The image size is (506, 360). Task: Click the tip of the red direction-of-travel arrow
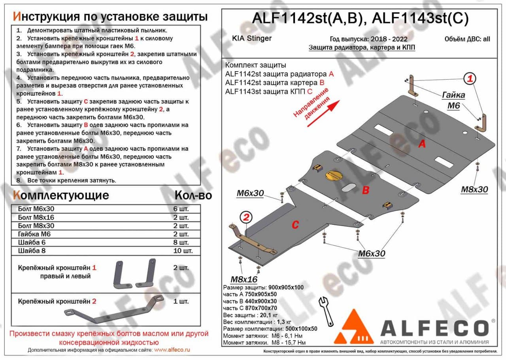click(340, 100)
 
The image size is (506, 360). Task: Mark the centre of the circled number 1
click(470, 78)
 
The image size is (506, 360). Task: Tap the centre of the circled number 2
click(246, 217)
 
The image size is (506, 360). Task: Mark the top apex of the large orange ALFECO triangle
click(353, 309)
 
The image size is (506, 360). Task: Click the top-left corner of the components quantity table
click(11, 205)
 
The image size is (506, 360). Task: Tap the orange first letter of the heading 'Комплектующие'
click(16, 195)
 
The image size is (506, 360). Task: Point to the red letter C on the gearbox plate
click(295, 225)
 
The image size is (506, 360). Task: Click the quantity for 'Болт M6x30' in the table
click(181, 209)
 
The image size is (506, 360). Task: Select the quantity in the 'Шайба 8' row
click(183, 250)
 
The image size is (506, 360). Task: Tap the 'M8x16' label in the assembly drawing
click(244, 280)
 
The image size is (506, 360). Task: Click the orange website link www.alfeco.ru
click(172, 350)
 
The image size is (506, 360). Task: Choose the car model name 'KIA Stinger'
click(252, 38)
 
